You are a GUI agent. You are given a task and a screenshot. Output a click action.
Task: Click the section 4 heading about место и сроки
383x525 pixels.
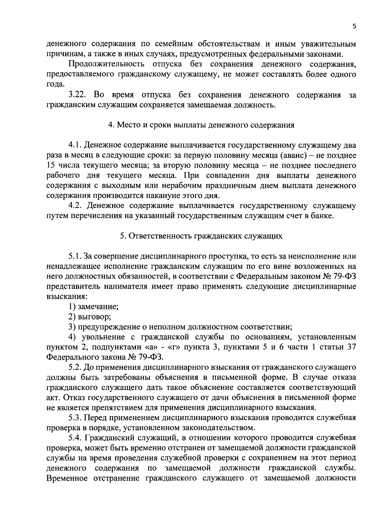(201, 125)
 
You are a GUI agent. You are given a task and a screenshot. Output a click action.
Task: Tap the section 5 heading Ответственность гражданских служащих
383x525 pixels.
(201, 236)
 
